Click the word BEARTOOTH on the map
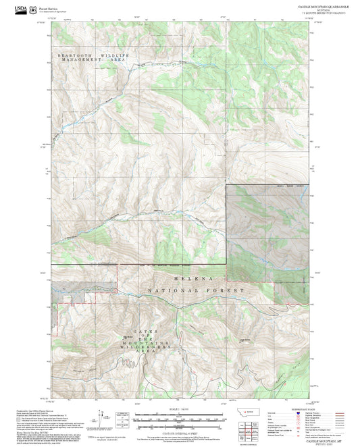74,53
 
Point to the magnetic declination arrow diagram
108,417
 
